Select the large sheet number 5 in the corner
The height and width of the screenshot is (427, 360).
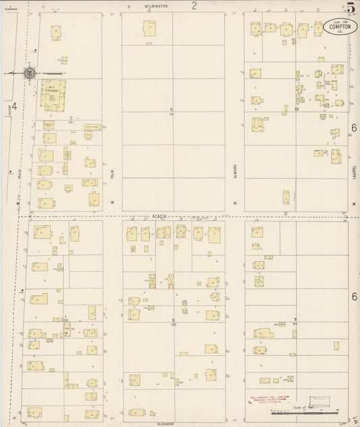[351, 8]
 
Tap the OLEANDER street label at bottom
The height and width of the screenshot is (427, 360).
[165, 423]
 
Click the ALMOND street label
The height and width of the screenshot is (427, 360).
[235, 172]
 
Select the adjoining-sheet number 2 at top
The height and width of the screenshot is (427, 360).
[194, 6]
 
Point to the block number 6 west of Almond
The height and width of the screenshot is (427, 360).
[172, 109]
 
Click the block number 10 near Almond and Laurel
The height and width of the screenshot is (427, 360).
[296, 108]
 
